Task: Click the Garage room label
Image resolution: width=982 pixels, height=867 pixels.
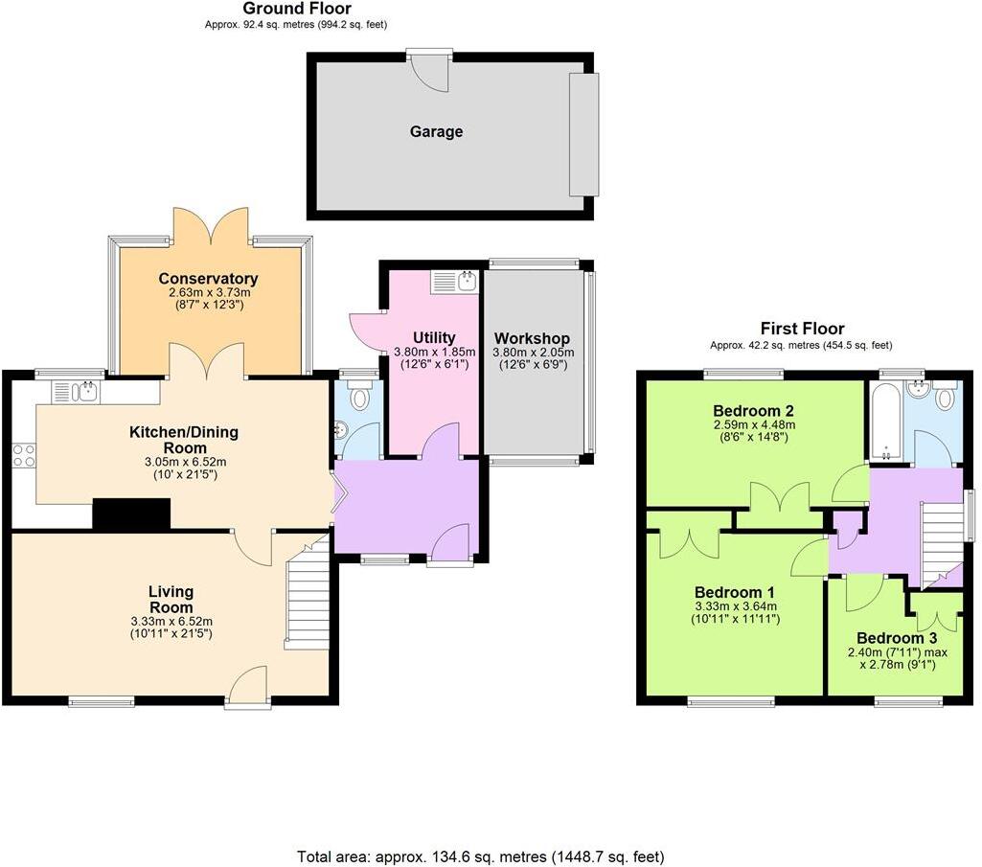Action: (x=436, y=131)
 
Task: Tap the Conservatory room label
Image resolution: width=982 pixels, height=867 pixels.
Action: (x=208, y=279)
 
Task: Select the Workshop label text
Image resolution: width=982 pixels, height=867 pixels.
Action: (x=532, y=338)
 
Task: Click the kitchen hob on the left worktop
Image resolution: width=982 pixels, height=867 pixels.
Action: (x=23, y=455)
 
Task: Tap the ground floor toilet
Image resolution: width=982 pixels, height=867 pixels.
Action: (x=360, y=396)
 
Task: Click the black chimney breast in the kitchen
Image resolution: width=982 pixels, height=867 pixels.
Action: (x=130, y=514)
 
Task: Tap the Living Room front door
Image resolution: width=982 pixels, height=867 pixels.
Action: (x=248, y=687)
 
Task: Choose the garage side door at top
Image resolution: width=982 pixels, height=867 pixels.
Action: (x=428, y=73)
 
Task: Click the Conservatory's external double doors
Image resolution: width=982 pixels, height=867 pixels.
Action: (x=212, y=227)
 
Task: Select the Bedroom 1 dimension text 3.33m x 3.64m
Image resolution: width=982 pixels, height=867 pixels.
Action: (x=735, y=605)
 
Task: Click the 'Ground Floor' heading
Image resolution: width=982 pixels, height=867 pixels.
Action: (x=296, y=9)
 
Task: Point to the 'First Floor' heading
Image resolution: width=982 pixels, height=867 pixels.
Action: (x=802, y=329)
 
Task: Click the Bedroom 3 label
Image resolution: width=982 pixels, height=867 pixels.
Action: (x=896, y=638)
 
